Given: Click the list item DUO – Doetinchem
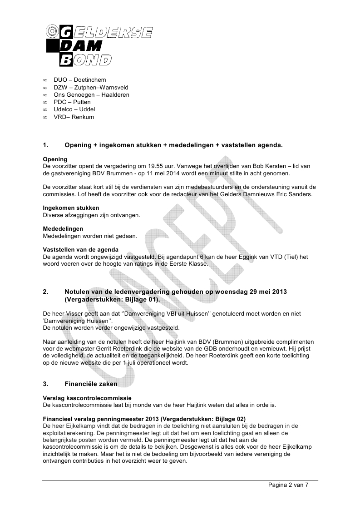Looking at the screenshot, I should click(74, 80).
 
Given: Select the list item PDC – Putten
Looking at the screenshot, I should click(72, 102).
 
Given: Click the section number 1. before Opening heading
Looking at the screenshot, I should click(45, 145).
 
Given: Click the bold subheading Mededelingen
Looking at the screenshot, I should click(63, 228).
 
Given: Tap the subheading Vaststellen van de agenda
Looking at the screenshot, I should click(80, 249).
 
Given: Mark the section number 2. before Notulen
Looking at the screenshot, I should click(45, 291).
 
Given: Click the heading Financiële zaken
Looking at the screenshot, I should click(91, 384).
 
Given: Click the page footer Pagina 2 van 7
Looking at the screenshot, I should click(288, 485).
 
